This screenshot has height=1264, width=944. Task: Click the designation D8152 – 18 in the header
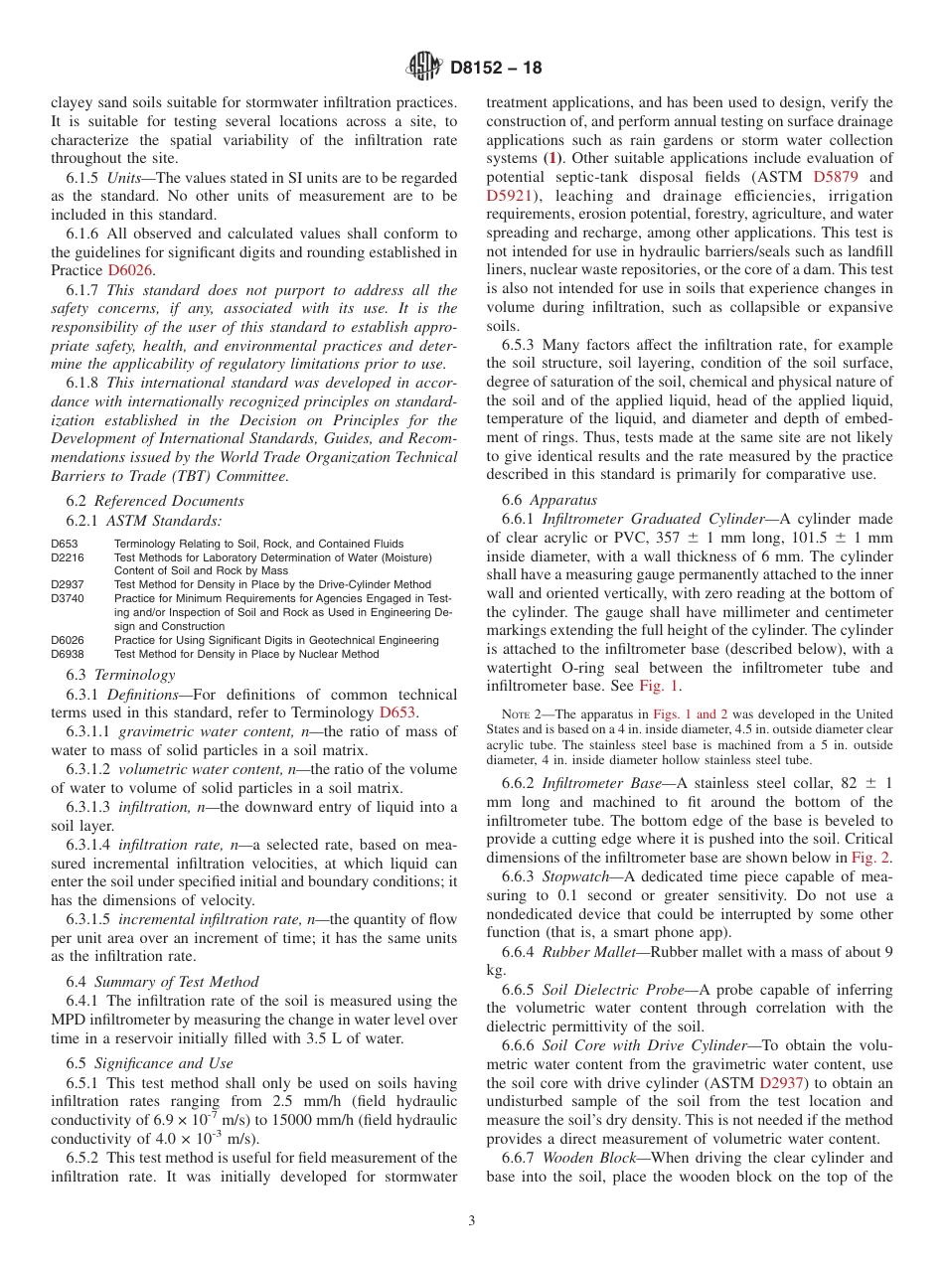pos(496,69)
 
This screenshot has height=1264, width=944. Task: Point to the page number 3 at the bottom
pos(472,1221)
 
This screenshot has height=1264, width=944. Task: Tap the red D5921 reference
pos(510,196)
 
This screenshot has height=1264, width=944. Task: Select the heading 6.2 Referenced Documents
pos(155,501)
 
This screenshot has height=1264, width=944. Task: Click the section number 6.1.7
pos(83,290)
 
